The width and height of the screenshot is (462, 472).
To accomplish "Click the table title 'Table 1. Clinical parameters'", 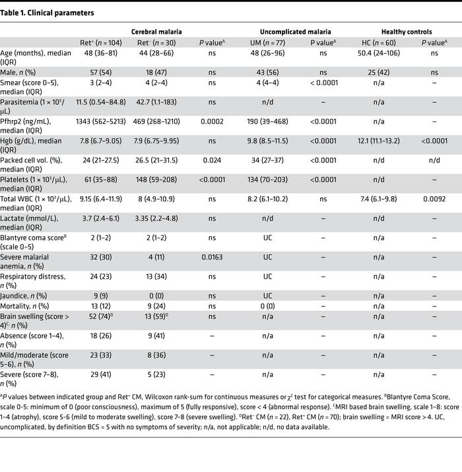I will coord(48,13).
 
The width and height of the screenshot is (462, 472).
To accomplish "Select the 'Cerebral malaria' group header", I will coord(156,31).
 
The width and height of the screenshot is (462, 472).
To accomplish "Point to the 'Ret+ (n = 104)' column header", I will coord(97,43).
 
